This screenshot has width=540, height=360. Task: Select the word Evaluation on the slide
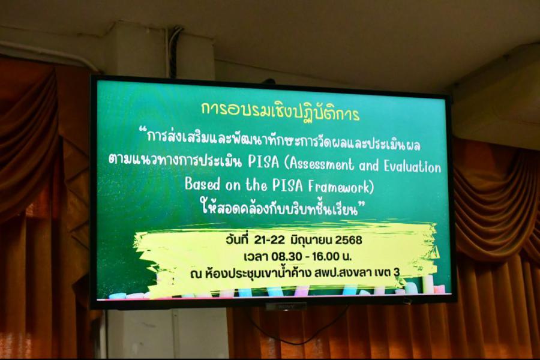coord(412,167)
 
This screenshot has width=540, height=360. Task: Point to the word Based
coord(202,184)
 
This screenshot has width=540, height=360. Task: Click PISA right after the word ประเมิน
coord(263,162)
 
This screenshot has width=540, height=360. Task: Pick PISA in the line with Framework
coord(287,185)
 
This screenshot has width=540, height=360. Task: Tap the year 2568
coord(349,240)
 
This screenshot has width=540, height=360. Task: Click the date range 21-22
coord(269,240)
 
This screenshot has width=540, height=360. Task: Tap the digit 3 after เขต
coord(397,272)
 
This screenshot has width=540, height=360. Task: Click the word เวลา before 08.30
coord(256,256)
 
